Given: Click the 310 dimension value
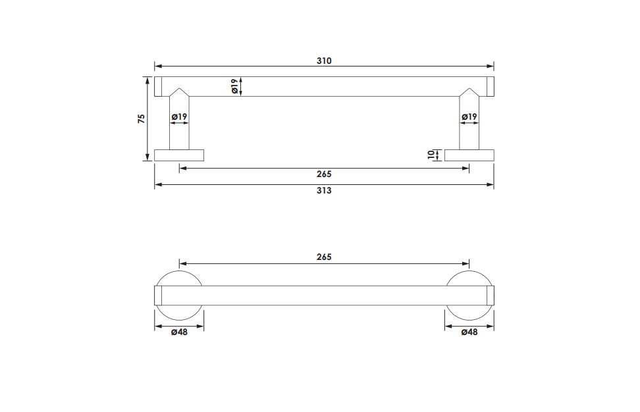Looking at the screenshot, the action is (324, 61).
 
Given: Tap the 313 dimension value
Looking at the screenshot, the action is (324, 190).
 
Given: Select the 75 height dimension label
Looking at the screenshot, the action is (141, 118).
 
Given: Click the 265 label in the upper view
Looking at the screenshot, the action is (324, 174).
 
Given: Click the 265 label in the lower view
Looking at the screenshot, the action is (324, 257).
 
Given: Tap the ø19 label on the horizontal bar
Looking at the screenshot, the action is (234, 86).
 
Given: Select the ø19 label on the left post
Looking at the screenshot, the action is (179, 117).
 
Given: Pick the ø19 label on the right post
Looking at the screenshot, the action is (469, 117).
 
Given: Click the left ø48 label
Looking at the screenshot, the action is (179, 332).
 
